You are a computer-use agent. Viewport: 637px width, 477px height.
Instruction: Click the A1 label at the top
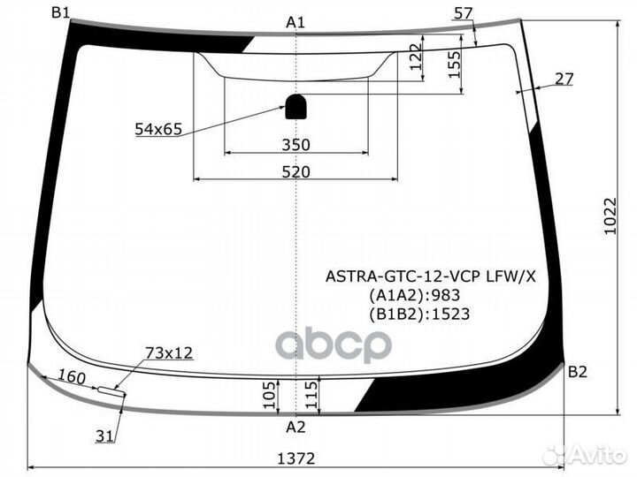pyautogui.click(x=295, y=22)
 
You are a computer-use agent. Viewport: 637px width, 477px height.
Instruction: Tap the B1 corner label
pyautogui.click(x=61, y=11)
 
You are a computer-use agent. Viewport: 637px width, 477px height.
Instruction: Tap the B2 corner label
pyautogui.click(x=577, y=372)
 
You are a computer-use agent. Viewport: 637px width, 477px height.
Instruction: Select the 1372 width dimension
pyautogui.click(x=295, y=458)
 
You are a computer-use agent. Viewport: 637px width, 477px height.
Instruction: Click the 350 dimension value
pyautogui.click(x=295, y=145)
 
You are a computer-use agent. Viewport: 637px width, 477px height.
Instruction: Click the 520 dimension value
pyautogui.click(x=295, y=172)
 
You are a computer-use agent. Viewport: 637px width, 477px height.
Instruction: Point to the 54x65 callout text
pyautogui.click(x=158, y=130)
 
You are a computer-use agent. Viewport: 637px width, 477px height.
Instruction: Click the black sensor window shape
pyautogui.click(x=295, y=106)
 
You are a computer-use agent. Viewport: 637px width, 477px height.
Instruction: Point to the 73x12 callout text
pyautogui.click(x=169, y=353)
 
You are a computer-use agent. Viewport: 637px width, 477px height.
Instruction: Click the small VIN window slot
pyautogui.click(x=111, y=389)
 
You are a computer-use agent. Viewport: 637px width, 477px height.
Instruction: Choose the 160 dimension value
pyautogui.click(x=72, y=377)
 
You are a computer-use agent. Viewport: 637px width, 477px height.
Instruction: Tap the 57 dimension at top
pyautogui.click(x=463, y=12)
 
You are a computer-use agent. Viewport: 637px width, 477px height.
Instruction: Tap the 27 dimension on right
pyautogui.click(x=564, y=79)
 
